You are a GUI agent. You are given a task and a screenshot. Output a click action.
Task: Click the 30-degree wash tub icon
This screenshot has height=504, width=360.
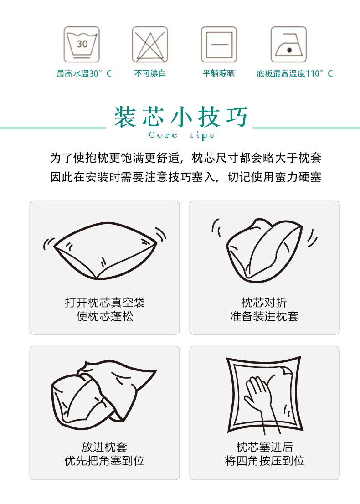(82, 45)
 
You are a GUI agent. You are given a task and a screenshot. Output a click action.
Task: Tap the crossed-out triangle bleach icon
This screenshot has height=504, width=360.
(150, 45)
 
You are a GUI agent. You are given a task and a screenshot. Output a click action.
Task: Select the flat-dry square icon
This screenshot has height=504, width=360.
(219, 45)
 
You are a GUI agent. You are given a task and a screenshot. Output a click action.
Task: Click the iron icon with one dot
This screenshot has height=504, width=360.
(288, 45)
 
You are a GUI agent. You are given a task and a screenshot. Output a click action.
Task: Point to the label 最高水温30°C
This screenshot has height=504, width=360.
(84, 73)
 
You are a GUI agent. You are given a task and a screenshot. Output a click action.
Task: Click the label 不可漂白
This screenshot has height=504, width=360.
(150, 73)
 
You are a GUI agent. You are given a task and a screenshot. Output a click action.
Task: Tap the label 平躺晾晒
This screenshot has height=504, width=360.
(219, 73)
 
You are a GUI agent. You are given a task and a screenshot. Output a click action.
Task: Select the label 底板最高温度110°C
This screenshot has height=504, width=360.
(294, 73)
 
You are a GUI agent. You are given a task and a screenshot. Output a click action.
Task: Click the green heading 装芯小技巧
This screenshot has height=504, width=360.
(181, 117)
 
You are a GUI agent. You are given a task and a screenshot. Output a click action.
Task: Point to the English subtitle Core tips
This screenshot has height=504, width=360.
(181, 135)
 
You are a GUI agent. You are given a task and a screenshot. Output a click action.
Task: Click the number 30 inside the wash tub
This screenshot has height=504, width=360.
(82, 44)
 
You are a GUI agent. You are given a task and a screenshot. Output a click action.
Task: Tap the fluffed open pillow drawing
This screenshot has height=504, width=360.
(105, 251)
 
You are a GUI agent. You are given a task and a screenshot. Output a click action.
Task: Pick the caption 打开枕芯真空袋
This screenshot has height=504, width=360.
(105, 303)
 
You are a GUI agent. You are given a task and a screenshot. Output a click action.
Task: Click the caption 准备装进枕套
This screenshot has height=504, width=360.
(264, 316)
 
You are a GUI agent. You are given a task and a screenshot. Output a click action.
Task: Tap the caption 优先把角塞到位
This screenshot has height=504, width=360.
(105, 461)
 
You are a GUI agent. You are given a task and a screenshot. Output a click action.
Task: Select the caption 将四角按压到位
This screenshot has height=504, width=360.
(264, 461)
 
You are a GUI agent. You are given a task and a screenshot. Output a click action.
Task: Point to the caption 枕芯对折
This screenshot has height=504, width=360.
(264, 303)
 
